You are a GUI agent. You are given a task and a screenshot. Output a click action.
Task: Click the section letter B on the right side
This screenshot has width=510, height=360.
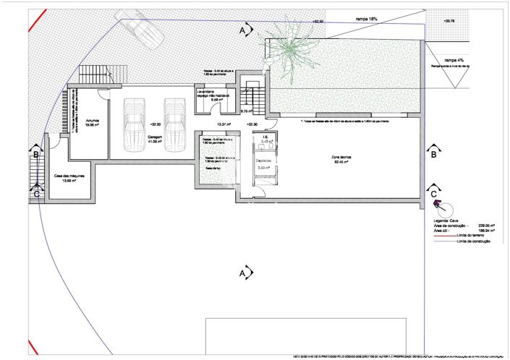433,154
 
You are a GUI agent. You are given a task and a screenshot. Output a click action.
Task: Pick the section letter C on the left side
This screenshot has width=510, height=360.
36,193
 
